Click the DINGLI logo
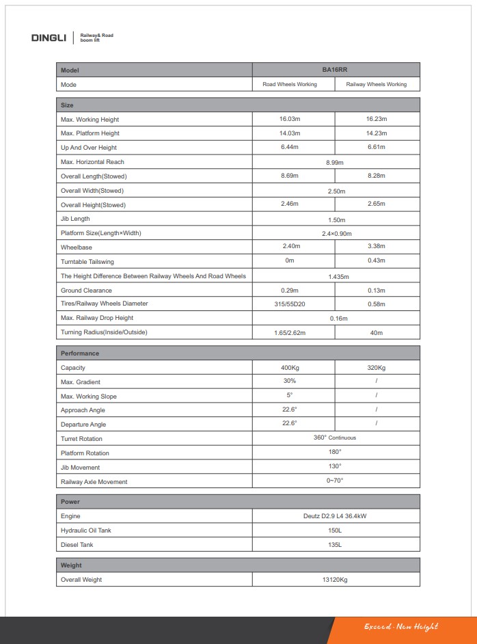tap(49, 37)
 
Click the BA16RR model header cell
tap(336, 70)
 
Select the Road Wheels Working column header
tap(290, 85)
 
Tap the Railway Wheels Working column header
tap(376, 85)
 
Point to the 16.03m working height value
tap(290, 120)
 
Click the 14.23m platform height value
tap(376, 133)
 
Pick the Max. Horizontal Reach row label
tap(92, 162)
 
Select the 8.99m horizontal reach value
tap(335, 163)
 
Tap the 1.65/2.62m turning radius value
tap(290, 333)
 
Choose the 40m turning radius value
tap(376, 333)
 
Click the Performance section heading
tap(80, 353)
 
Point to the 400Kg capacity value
tap(290, 368)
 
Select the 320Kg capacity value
tap(376, 368)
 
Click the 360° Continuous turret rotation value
tap(335, 438)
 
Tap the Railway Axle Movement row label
tap(94, 482)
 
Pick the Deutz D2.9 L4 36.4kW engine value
tap(335, 516)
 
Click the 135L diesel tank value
tap(335, 545)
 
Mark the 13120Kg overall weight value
tap(335, 580)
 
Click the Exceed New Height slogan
tap(400, 627)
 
